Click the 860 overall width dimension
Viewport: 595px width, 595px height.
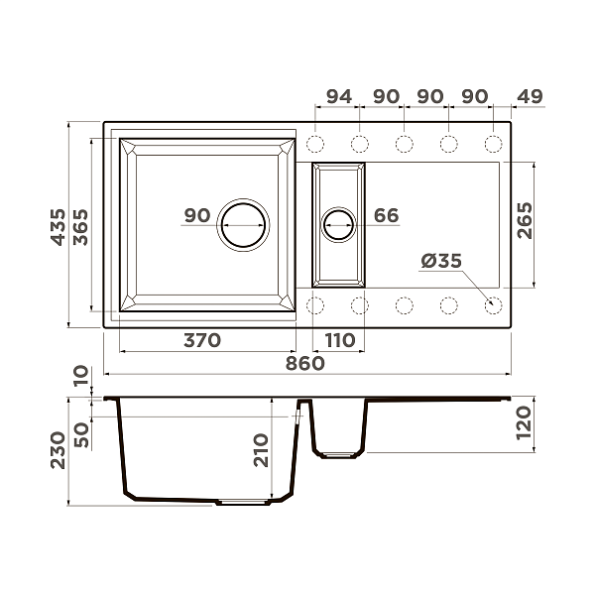click(x=305, y=364)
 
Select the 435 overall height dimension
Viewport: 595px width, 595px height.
click(x=59, y=227)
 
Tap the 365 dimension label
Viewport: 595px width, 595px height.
click(x=80, y=227)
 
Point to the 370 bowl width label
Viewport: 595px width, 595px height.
click(x=202, y=340)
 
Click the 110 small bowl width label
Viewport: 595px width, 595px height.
click(x=340, y=340)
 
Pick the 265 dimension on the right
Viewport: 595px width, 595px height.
click(x=525, y=220)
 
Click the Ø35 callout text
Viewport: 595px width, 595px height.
click(x=441, y=261)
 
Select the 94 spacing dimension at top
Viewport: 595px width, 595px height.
click(x=339, y=96)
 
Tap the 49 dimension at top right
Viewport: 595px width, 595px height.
click(x=530, y=96)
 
